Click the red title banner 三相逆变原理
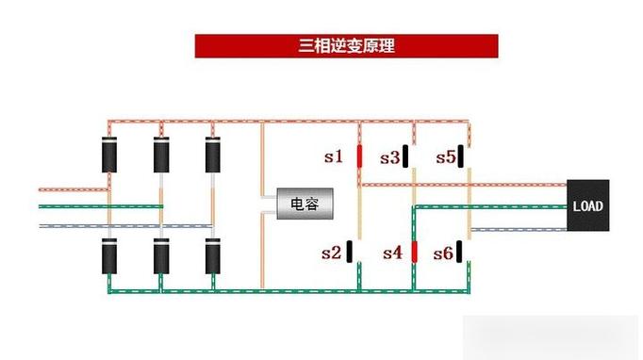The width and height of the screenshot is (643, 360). click(347, 46)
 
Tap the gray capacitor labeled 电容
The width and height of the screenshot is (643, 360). click(305, 204)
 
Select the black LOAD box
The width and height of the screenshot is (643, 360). click(588, 205)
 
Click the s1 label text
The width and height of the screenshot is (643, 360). click(334, 156)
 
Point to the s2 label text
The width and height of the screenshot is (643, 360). click(331, 253)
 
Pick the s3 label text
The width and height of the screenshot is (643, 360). click(389, 158)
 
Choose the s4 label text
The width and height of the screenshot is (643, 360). click(392, 253)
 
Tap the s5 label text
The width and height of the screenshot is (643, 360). click(446, 157)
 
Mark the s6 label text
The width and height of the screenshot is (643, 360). click(443, 254)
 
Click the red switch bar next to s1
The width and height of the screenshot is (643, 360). click(359, 156)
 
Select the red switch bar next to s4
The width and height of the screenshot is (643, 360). click(414, 252)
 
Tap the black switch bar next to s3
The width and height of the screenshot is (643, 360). click(405, 156)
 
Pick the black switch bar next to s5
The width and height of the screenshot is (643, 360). click(461, 156)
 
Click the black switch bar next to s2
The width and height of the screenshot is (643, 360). click(350, 252)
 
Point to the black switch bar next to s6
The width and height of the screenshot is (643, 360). click(459, 252)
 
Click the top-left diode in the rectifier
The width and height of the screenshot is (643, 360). click(109, 155)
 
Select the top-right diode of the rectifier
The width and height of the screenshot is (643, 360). click(213, 155)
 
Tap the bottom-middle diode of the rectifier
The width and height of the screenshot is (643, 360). click(161, 256)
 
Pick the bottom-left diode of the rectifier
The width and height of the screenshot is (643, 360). click(109, 256)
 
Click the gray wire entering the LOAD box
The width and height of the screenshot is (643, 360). click(519, 230)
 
